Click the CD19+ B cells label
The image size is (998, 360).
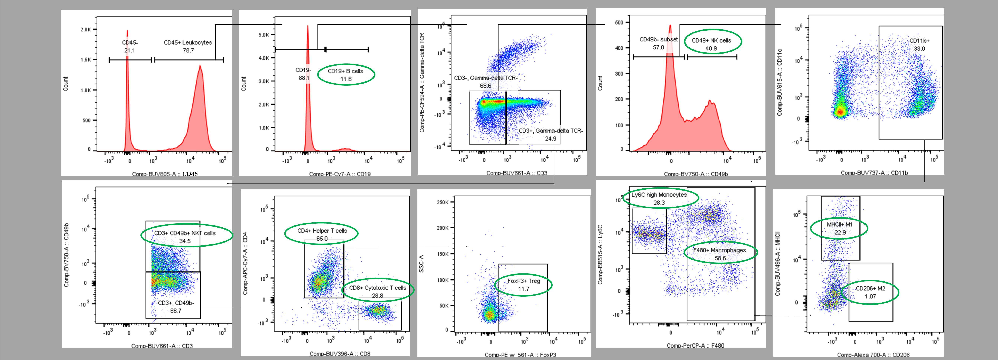coord(345,71)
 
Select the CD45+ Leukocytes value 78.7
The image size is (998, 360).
coord(188,50)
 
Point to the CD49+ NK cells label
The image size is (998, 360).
coord(711,40)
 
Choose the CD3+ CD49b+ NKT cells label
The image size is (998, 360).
coord(185,233)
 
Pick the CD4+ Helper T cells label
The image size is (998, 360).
coord(322,231)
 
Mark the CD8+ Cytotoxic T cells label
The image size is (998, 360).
coord(377,288)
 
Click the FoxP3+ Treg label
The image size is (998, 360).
coord(523,281)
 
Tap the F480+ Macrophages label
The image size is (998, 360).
coord(720,250)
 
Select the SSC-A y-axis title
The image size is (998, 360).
coord(422,263)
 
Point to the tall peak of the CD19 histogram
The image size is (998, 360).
coord(308,27)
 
